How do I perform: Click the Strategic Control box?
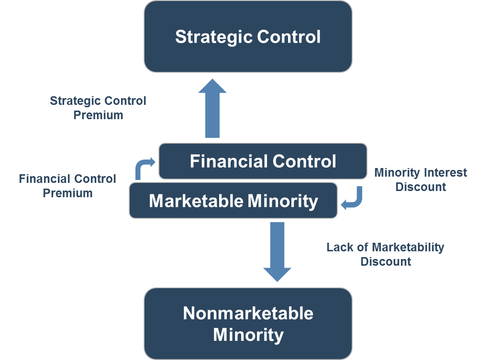(248, 37)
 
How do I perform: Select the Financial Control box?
(263, 161)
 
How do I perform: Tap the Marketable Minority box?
(233, 201)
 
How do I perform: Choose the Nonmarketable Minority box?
(248, 324)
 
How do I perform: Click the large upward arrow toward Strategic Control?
(212, 109)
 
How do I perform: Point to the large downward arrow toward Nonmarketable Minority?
(277, 251)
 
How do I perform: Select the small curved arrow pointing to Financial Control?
(144, 167)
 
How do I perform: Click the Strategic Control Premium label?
(98, 108)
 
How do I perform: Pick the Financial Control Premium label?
(67, 186)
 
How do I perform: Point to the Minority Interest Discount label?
(421, 180)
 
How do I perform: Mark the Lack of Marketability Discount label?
(385, 254)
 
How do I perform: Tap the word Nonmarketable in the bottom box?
(248, 314)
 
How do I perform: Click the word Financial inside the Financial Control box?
(224, 161)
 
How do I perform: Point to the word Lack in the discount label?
(337, 247)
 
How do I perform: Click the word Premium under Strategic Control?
(98, 115)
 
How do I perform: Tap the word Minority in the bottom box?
(248, 334)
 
